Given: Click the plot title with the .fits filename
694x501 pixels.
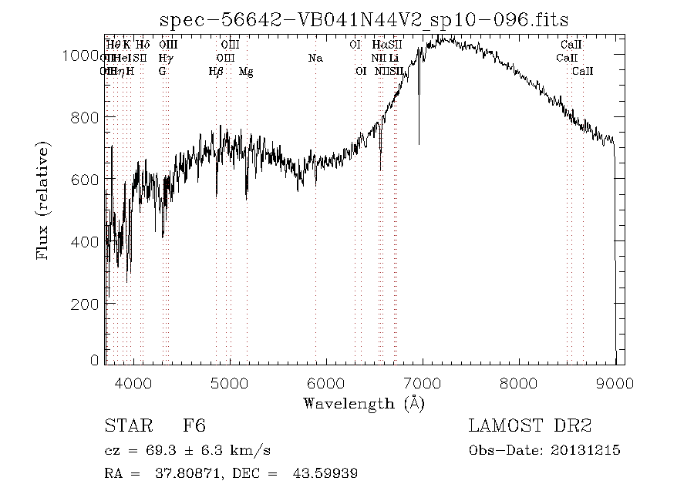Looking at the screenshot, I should click(x=365, y=20).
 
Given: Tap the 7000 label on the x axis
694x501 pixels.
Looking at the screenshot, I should click(x=423, y=382).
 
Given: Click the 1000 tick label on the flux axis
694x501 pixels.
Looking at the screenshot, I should click(x=80, y=55).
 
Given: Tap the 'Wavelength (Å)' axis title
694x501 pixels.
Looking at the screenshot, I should click(x=364, y=403).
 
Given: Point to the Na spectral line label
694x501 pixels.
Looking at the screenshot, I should click(x=315, y=59).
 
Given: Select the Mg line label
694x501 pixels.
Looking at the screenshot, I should click(x=246, y=72).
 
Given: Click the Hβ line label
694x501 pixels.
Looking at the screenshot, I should click(x=217, y=72).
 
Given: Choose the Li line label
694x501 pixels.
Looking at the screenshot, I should click(x=394, y=59).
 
